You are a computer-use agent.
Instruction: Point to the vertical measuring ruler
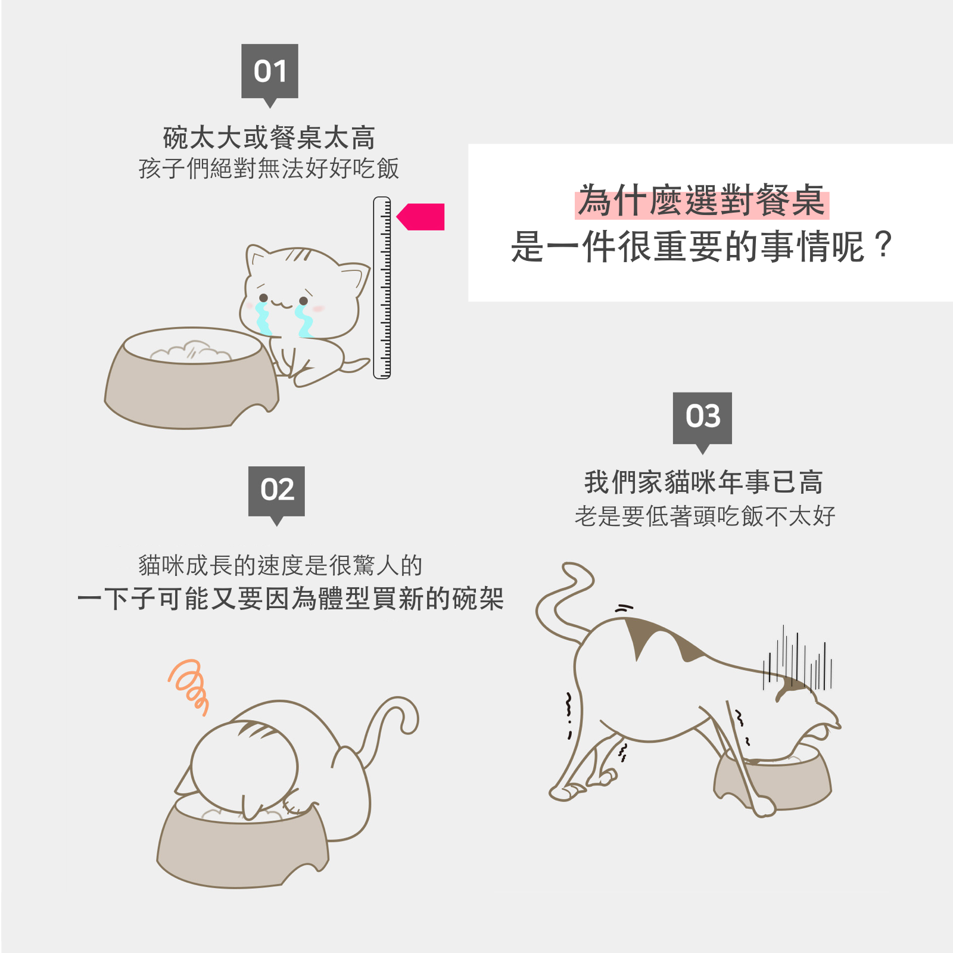coord(382,288)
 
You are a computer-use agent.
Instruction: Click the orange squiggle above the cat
coord(189,686)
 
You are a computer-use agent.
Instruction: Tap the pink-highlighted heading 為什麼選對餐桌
coord(702,201)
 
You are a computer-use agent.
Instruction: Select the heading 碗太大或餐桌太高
coord(269,138)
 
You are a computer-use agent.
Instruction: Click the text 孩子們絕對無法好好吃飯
coord(269,169)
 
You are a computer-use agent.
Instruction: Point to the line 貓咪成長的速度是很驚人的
coord(280,565)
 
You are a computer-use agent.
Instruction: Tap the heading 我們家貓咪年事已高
coord(703,482)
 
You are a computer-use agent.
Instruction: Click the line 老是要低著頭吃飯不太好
coord(705,516)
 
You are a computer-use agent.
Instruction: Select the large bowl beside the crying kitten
coord(192,378)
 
